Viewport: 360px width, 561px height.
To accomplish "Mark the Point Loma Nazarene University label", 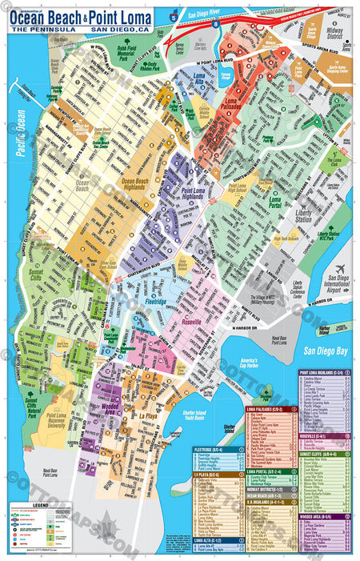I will [x=56, y=418].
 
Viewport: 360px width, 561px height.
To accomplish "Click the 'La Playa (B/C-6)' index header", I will [x=218, y=474].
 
